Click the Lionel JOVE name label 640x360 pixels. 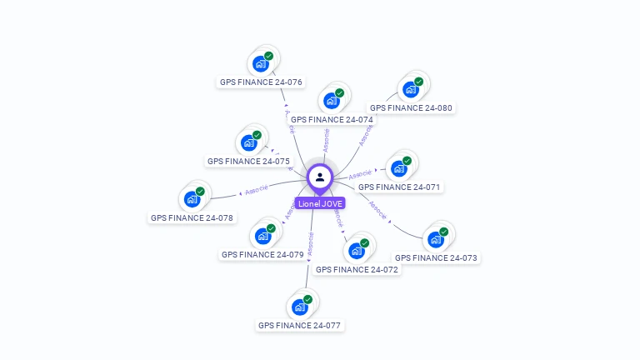pyautogui.click(x=320, y=203)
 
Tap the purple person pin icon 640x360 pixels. pyautogui.click(x=320, y=177)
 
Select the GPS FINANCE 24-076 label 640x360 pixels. pyautogui.click(x=261, y=82)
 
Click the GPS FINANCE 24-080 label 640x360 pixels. pyautogui.click(x=412, y=107)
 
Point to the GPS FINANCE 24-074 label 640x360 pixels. pyautogui.click(x=332, y=119)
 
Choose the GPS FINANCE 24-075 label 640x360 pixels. pyautogui.click(x=248, y=161)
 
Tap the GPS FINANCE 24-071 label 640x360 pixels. pyautogui.click(x=399, y=187)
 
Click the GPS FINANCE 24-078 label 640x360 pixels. pyautogui.click(x=192, y=217)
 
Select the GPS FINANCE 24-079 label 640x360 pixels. pyautogui.click(x=262, y=254)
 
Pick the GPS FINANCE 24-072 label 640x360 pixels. pyautogui.click(x=357, y=269)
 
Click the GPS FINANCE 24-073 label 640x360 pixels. pyautogui.click(x=436, y=257)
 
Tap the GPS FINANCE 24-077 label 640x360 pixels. pyautogui.click(x=299, y=325)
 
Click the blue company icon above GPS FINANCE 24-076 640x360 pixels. pyautogui.click(x=262, y=62)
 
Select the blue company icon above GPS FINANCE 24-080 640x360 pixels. pyautogui.click(x=411, y=88)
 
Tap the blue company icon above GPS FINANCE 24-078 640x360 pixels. pyautogui.click(x=192, y=198)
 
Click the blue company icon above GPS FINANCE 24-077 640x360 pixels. pyautogui.click(x=300, y=306)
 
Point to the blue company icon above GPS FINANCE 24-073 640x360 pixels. pyautogui.click(x=436, y=238)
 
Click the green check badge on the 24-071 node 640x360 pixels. pyautogui.click(x=407, y=161)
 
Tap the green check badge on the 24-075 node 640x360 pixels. pyautogui.click(x=257, y=135)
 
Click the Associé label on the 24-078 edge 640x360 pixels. pyautogui.click(x=256, y=191)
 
